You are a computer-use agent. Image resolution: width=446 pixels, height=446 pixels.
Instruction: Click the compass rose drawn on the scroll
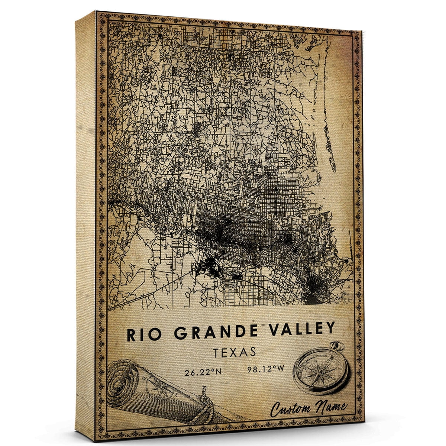tap(156, 387)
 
